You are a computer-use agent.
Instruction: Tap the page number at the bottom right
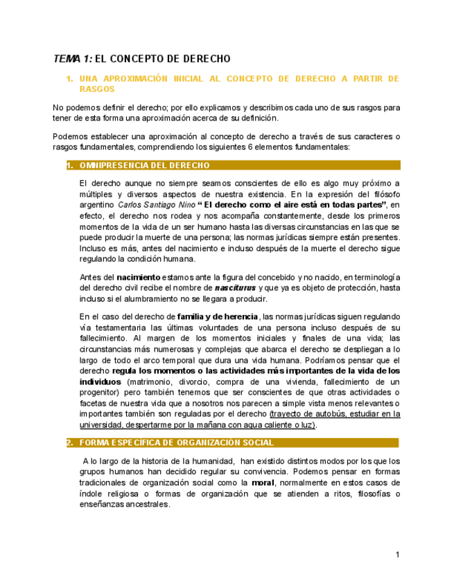click(398, 554)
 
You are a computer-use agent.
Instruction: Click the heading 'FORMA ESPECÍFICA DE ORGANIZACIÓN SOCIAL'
click(177, 442)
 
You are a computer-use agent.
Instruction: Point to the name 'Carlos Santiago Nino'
click(156, 205)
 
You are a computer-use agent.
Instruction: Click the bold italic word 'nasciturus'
click(236, 287)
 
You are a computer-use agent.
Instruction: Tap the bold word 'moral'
click(264, 482)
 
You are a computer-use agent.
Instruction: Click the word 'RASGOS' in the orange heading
click(97, 89)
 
